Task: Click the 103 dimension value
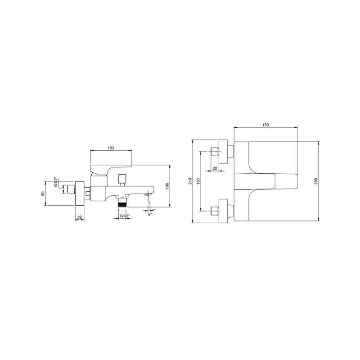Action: coord(111,148)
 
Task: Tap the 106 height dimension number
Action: coord(167,186)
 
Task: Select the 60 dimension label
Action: coord(43,193)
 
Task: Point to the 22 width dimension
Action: coord(80,217)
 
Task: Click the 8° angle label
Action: coord(150,214)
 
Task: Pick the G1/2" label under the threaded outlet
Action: coord(125,216)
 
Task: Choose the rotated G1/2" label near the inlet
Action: coord(56,182)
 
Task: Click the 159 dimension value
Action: coord(265,125)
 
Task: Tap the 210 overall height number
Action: coord(190,181)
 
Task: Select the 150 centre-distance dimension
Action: coord(198,181)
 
